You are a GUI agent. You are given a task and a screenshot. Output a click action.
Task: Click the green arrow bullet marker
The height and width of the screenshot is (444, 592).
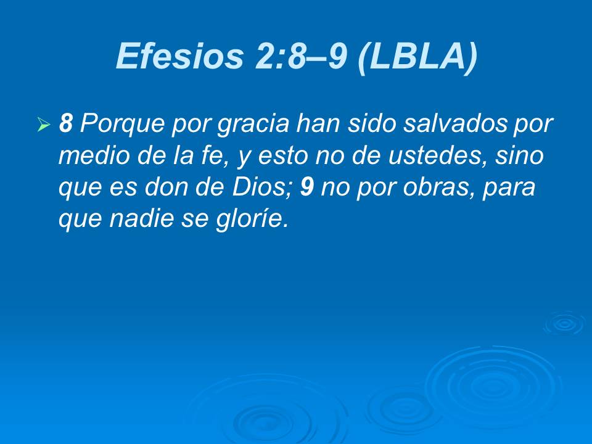pyautogui.click(x=43, y=125)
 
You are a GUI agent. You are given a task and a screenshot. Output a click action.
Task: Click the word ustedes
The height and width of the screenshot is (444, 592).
pyautogui.click(x=439, y=156)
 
